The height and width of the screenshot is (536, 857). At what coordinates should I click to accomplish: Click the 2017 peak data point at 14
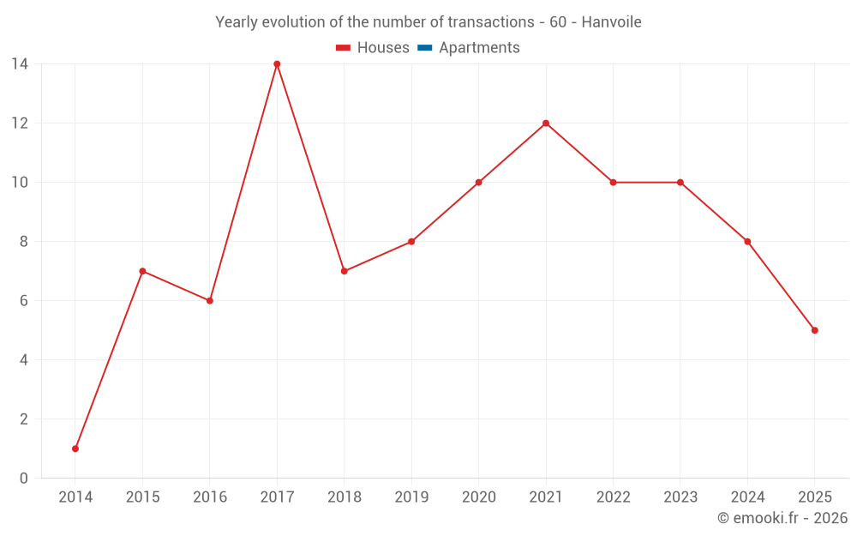277,63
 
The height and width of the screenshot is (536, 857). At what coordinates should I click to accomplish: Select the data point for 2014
75,449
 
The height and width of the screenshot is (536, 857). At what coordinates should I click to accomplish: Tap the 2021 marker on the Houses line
546,123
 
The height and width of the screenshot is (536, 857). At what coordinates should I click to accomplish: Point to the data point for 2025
814,330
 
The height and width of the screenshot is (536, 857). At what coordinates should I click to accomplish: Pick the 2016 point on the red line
210,300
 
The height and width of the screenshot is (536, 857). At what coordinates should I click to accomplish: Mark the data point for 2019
411,241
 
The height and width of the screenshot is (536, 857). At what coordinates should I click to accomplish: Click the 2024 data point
747,241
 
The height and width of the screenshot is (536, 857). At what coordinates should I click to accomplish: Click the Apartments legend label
479,48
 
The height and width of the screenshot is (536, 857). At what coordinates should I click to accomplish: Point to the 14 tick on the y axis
20,63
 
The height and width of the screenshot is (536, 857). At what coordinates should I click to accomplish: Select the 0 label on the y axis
24,478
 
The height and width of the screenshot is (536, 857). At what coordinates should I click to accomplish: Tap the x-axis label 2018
345,497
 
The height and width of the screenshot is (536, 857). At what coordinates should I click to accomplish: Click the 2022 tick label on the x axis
613,497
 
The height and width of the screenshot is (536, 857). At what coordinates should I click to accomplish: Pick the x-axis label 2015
142,497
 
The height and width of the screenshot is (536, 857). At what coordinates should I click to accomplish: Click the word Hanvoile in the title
611,22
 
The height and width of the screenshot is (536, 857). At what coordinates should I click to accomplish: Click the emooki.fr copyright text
782,518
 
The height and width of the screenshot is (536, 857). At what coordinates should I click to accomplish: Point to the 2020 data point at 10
478,182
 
